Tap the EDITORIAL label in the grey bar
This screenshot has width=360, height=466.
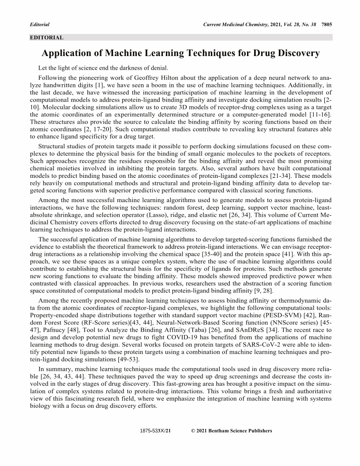tap(46, 38)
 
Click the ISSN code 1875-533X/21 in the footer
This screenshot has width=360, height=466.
tap(155, 431)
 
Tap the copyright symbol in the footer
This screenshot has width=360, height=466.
tap(193, 431)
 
